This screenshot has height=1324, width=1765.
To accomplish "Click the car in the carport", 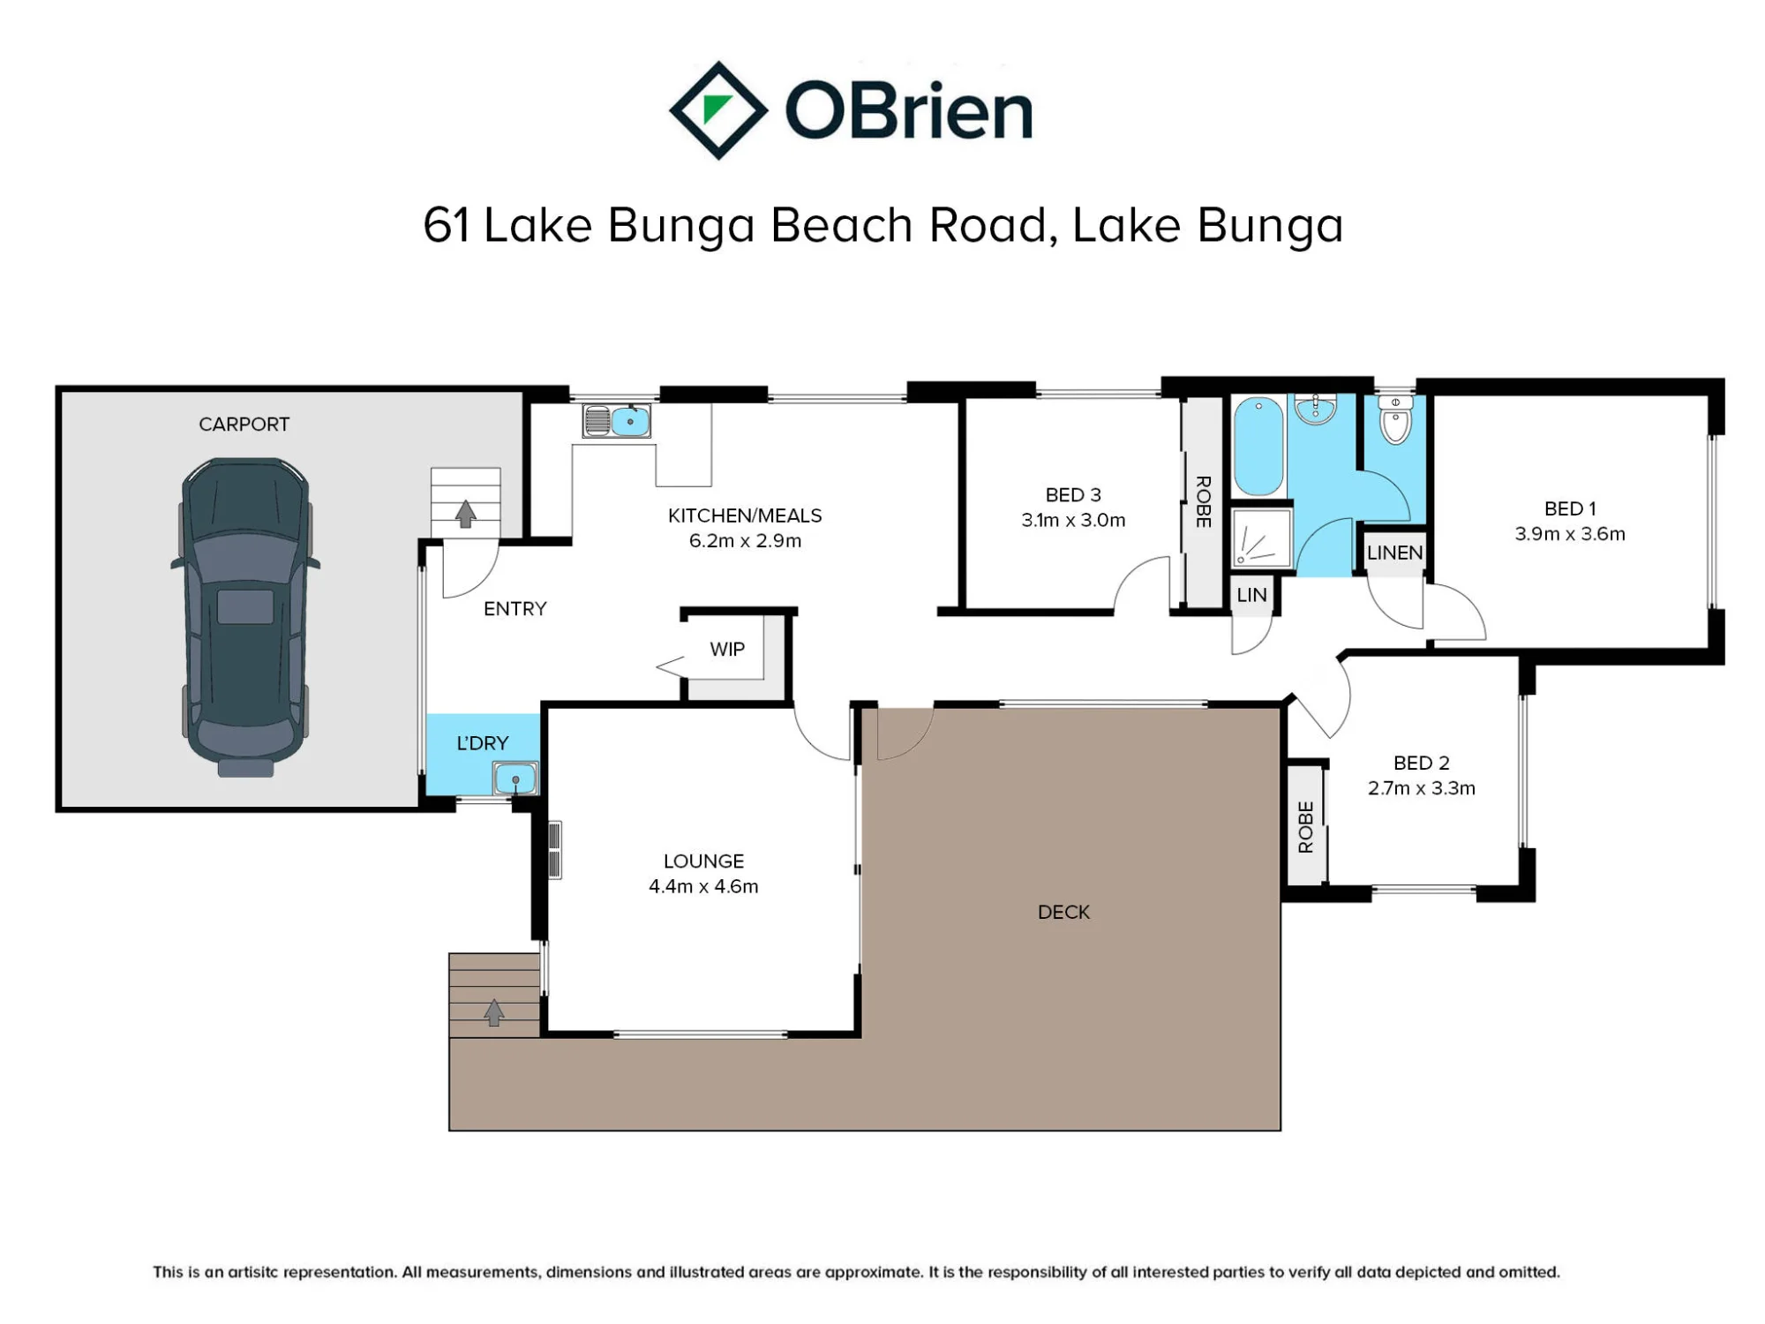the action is pos(245,617).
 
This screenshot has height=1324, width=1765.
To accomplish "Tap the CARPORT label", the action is pos(244,425).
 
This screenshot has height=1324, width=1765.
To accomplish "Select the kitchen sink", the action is pos(616,421).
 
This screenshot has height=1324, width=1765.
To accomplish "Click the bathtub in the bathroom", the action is pos(1258,447).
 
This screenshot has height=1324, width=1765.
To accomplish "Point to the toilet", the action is pos(1395,420).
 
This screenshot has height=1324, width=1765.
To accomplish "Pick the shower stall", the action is pos(1261,537).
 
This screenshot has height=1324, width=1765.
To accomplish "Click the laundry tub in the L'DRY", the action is pos(514,779).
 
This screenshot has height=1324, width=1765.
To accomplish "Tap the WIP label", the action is pos(727,650).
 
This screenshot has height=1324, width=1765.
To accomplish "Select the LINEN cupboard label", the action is pos(1394,553).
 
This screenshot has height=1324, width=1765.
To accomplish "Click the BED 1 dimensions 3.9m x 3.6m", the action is pos(1570,534).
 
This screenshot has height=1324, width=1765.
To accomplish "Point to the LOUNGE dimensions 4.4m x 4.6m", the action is pos(703,886).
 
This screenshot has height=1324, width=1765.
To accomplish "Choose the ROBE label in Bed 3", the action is pos(1203,501).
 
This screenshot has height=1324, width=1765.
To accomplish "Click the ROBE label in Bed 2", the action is pos(1306,827).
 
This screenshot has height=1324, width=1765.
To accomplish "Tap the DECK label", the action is pos(1063,913).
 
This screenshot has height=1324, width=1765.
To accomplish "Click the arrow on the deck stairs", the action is pos(494,1012).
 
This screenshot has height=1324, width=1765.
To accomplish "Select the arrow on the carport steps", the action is pos(466,514).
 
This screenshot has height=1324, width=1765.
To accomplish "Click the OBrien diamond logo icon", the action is pos(718,110).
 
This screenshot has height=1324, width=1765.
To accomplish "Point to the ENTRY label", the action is pos(515,609).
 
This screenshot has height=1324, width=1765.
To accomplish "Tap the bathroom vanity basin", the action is pos(1316,409).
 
